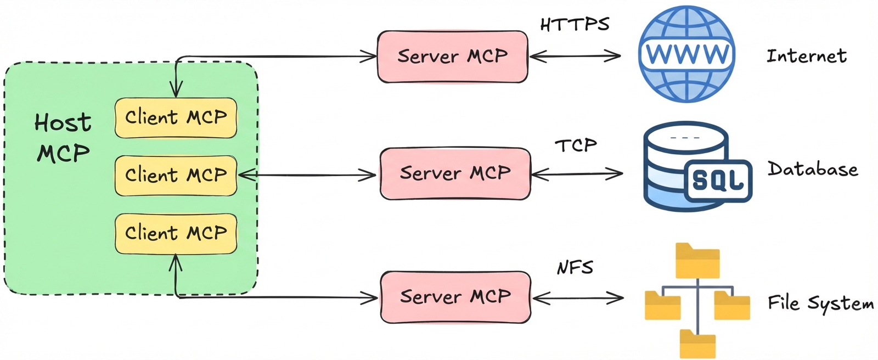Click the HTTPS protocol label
click(x=575, y=24)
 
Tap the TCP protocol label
click(x=576, y=145)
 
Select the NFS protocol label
click(x=575, y=267)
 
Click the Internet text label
click(x=806, y=56)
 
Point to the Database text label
click(x=813, y=169)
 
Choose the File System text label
click(x=820, y=303)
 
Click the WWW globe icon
click(x=686, y=54)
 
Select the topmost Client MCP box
click(x=176, y=117)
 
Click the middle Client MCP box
click(x=176, y=176)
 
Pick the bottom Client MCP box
click(x=176, y=233)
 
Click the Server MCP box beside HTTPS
click(x=452, y=57)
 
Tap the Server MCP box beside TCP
click(x=455, y=173)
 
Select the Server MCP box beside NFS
click(x=455, y=297)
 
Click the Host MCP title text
click(x=63, y=137)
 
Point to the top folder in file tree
click(x=697, y=261)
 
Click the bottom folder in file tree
click(x=697, y=344)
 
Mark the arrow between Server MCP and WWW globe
click(x=575, y=55)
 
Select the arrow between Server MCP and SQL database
click(x=577, y=175)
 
